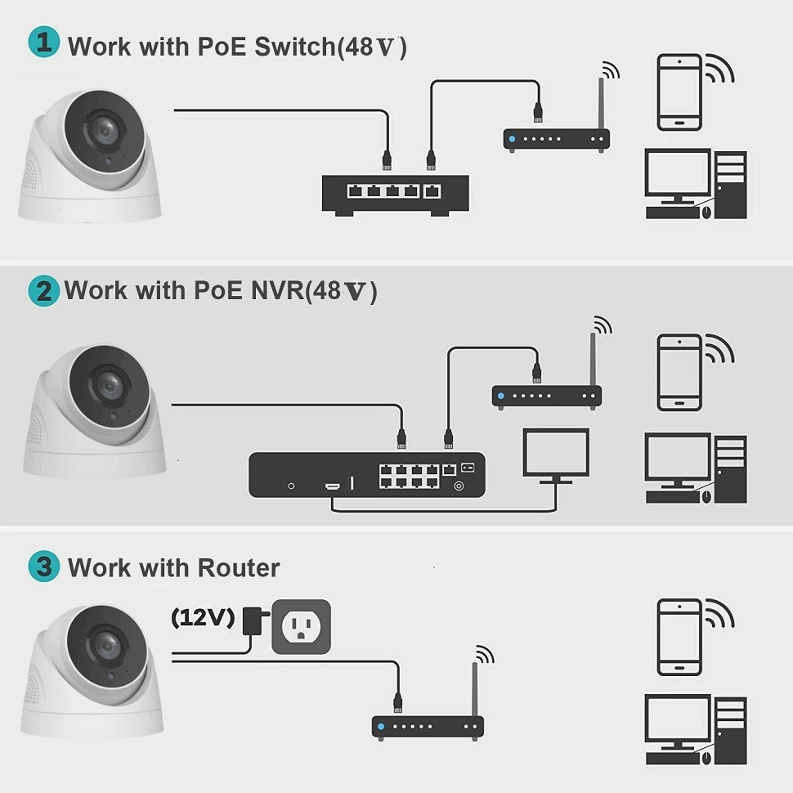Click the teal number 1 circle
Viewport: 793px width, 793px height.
43,43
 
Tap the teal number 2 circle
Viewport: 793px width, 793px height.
43,291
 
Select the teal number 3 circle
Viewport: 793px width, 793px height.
43,567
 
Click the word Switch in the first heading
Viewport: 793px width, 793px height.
293,46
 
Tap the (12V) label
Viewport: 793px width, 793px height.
202,617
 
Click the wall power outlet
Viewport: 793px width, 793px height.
302,626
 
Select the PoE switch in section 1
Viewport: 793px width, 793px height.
395,194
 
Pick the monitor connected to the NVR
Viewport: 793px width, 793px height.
556,455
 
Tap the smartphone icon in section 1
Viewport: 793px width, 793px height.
679,92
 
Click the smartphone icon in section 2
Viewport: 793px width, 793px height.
679,372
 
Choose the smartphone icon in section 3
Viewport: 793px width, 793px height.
679,638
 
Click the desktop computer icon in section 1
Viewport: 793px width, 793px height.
696,184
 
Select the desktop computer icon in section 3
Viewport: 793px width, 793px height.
696,729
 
